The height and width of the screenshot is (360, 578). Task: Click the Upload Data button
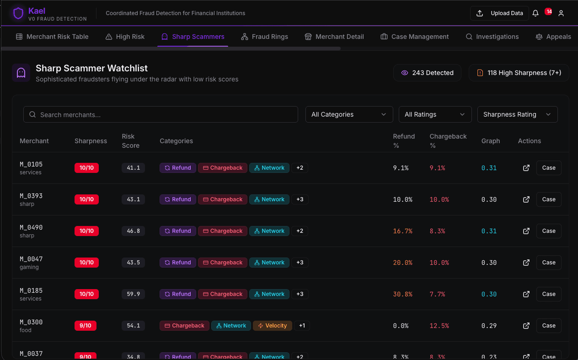(x=499, y=13)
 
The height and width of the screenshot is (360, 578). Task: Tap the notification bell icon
(x=535, y=13)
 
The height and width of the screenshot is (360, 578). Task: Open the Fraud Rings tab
(x=264, y=37)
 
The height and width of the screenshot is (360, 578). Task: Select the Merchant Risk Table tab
(x=52, y=37)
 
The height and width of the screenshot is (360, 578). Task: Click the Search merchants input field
(x=161, y=114)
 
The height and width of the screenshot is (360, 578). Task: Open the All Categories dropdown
(x=349, y=114)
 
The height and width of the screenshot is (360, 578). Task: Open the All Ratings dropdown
(x=435, y=114)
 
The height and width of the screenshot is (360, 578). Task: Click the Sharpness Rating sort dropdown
(x=517, y=114)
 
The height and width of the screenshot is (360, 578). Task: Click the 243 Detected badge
(x=427, y=73)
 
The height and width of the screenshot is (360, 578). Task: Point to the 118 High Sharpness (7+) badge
(x=519, y=73)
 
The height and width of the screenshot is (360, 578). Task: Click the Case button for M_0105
(x=548, y=168)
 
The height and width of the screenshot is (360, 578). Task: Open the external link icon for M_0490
(x=526, y=231)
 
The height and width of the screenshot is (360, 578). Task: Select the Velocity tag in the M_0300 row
(x=272, y=326)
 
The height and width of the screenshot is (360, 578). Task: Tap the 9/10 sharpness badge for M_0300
(x=86, y=326)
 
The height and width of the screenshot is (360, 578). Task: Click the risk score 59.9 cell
(x=133, y=294)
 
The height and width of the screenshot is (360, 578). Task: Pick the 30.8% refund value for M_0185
(x=402, y=294)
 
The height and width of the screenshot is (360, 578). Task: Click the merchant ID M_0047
(x=31, y=259)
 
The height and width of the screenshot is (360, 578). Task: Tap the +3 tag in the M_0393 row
(x=300, y=199)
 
